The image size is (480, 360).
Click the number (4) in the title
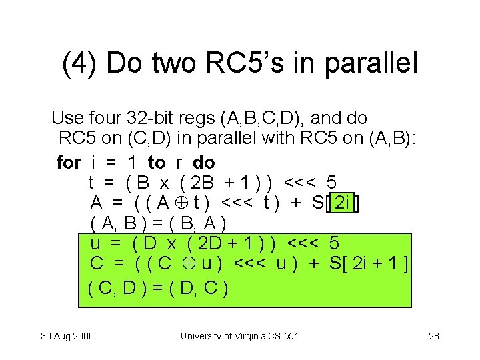tap(79, 64)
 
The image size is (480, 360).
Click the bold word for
tap(69, 162)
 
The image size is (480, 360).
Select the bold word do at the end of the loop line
tap(204, 162)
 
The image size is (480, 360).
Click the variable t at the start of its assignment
tap(91, 183)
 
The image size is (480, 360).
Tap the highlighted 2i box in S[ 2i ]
tap(343, 203)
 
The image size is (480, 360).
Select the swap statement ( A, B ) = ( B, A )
tap(159, 223)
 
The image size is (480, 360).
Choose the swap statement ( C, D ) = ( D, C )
tap(159, 288)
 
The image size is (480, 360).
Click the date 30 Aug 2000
tap(67, 335)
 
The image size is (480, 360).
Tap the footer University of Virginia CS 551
tap(239, 335)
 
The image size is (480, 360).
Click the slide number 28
tap(433, 335)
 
